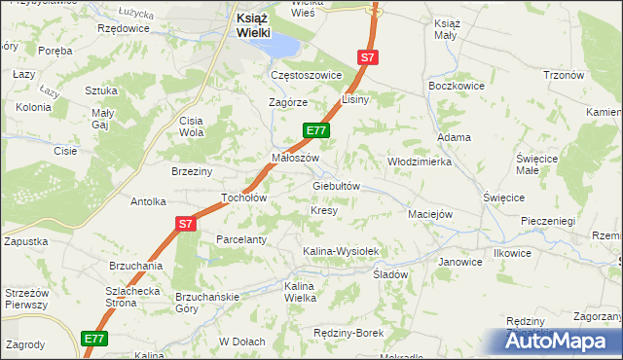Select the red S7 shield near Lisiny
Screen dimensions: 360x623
(x=367, y=58)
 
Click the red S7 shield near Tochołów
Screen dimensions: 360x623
(x=187, y=224)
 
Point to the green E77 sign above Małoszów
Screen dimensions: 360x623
(x=317, y=129)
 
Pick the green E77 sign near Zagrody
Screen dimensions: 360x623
(x=93, y=339)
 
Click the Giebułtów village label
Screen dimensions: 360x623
(x=337, y=186)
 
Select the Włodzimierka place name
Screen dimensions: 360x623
(x=420, y=162)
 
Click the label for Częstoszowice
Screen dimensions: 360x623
(x=307, y=75)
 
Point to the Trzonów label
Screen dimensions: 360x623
(x=563, y=76)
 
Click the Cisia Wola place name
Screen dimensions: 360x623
(x=190, y=126)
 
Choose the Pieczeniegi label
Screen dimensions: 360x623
(x=548, y=222)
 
